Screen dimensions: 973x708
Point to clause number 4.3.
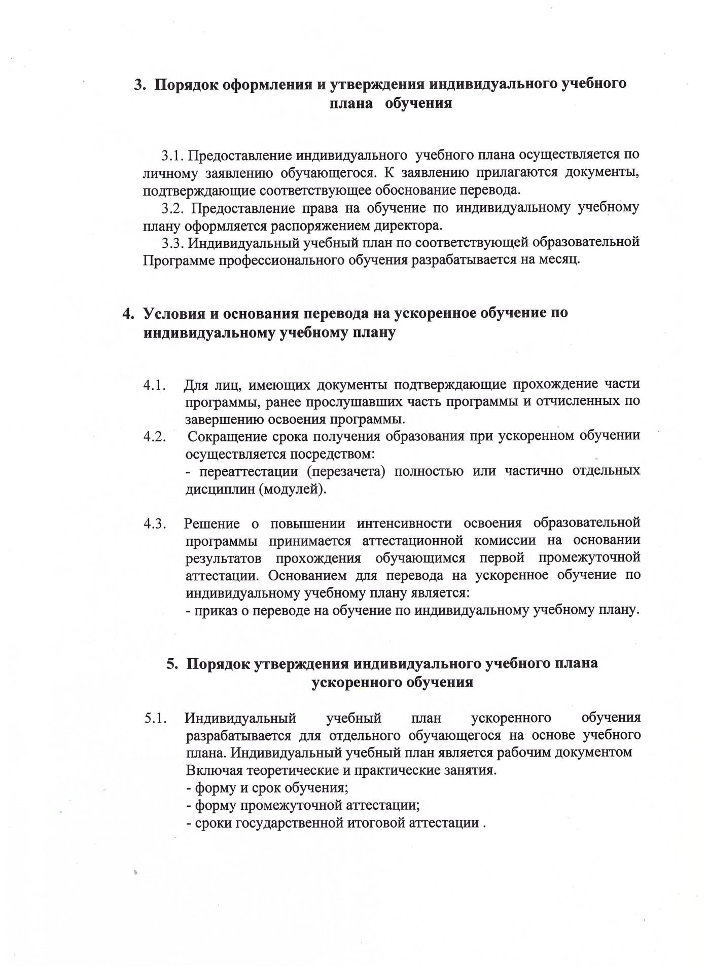point(155,523)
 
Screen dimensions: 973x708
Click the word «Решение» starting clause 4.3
point(209,523)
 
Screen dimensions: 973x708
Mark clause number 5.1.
point(155,719)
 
